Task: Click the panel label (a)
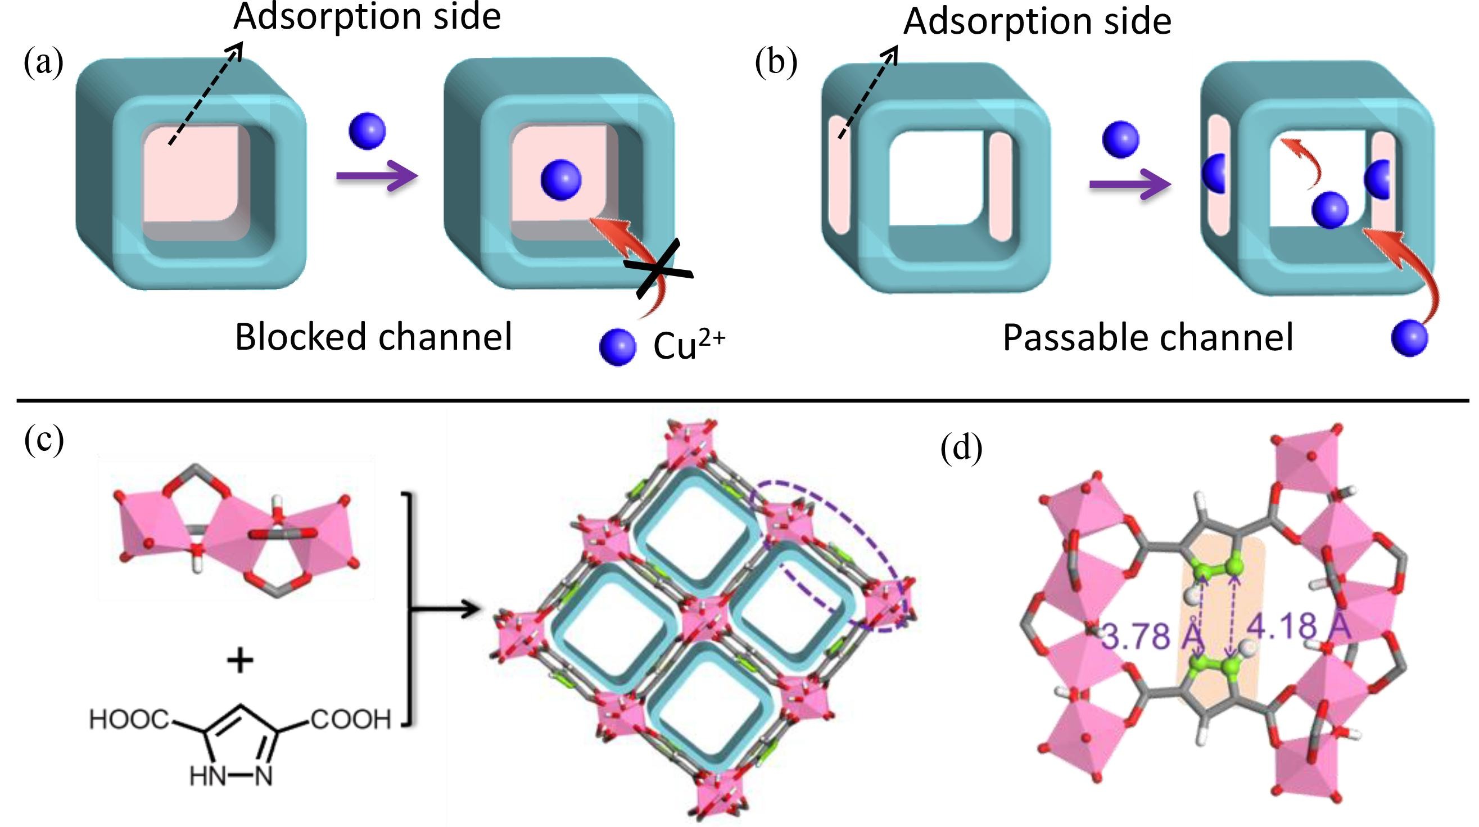[x=44, y=62]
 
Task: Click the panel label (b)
[x=776, y=62]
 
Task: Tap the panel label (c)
[x=44, y=441]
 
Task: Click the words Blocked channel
[x=373, y=337]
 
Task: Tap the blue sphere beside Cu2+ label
[x=617, y=346]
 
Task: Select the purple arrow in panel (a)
[x=377, y=176]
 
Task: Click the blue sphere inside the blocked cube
[x=561, y=180]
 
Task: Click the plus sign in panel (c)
[x=240, y=661]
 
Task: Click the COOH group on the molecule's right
[x=351, y=719]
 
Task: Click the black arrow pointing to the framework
[x=445, y=609]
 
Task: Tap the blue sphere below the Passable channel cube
[x=1409, y=339]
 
